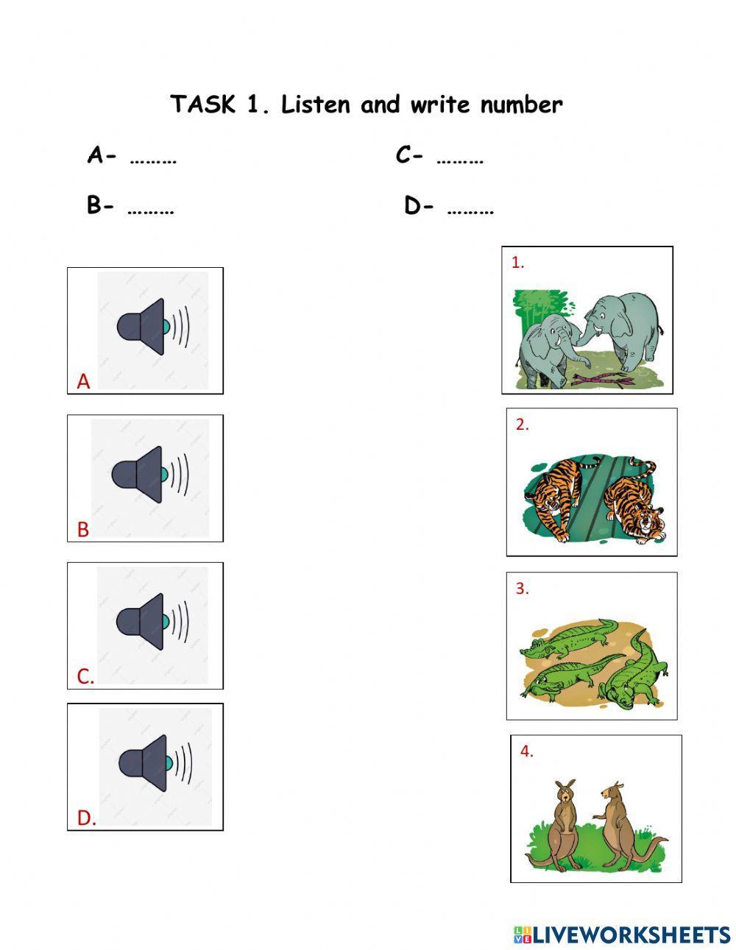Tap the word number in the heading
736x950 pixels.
tap(521, 104)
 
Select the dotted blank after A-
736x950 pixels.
tap(153, 159)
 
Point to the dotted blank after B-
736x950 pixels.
tap(151, 210)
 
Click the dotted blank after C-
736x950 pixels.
tap(460, 159)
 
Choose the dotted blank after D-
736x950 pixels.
tap(470, 210)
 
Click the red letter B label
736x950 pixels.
tap(83, 529)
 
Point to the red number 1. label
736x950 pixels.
tap(518, 263)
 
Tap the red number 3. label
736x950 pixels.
tap(522, 589)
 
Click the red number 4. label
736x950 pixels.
tap(526, 751)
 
